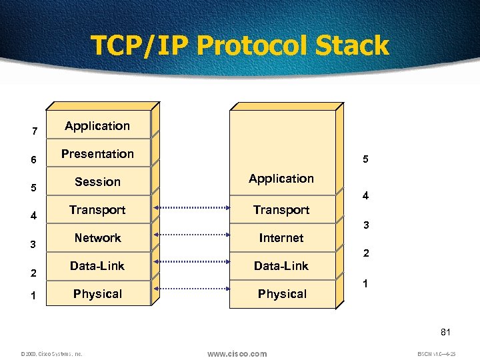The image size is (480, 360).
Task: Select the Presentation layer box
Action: coord(97,154)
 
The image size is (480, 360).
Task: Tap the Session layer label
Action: coord(97,182)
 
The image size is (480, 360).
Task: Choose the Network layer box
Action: coord(97,238)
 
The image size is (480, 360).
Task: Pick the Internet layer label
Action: coord(281,238)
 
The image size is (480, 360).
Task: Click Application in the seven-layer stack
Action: coord(97,126)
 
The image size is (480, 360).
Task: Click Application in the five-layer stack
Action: coord(281,179)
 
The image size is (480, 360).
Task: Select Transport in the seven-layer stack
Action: coord(97,210)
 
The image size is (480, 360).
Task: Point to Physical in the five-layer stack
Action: coord(282,294)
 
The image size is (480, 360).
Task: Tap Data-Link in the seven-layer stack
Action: coord(97,266)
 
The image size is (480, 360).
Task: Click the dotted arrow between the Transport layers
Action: coord(191,207)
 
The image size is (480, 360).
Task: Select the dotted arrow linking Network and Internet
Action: coord(191,235)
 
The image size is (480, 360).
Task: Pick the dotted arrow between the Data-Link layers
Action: coord(191,263)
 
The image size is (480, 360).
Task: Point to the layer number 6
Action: coord(35,160)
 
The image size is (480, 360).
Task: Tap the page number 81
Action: coord(446,331)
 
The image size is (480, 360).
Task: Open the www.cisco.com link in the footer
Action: coord(237,353)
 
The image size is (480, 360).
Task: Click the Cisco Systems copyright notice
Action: coord(51,354)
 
